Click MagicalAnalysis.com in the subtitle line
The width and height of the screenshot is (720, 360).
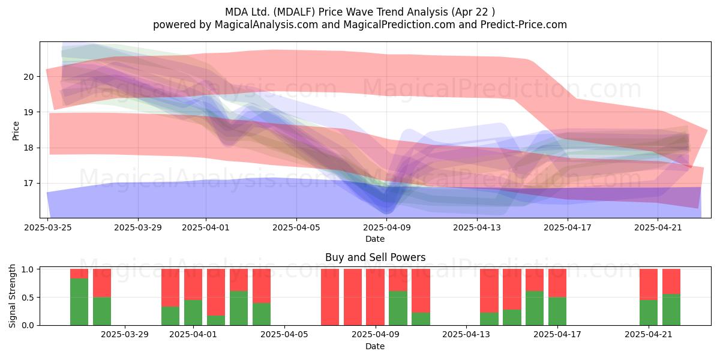[x=266, y=25]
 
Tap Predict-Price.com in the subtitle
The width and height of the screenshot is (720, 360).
[x=524, y=25]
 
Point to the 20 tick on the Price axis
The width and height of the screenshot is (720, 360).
[x=28, y=77]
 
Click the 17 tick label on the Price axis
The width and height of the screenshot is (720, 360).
[x=28, y=184]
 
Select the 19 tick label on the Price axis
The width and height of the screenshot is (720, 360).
[x=28, y=112]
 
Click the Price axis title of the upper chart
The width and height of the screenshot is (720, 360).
[x=16, y=131]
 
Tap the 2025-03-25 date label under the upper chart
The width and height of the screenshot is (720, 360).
[x=48, y=227]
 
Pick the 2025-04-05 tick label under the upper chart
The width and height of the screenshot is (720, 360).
[x=296, y=227]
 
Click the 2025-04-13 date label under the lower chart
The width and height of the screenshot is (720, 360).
[x=466, y=335]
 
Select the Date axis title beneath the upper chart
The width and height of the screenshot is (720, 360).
[x=375, y=239]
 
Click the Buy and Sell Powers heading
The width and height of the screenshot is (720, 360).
[x=375, y=257]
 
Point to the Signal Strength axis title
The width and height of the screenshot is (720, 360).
[x=12, y=296]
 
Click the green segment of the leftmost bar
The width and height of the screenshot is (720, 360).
[x=79, y=302]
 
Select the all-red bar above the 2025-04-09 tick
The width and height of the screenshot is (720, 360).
[x=375, y=297]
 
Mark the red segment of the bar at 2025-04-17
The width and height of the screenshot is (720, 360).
[x=557, y=283]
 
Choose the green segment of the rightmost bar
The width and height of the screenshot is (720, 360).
[x=671, y=310]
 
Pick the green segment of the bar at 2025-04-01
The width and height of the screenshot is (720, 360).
[x=193, y=313]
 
